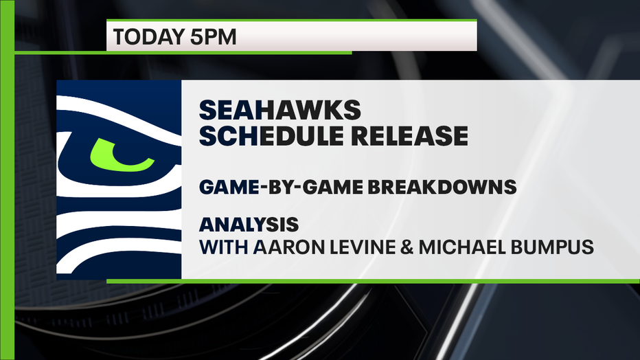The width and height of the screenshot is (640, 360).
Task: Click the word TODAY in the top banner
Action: [x=149, y=36]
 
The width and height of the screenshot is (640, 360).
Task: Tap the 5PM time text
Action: [x=213, y=36]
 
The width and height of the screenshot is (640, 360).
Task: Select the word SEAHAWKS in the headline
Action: [x=280, y=110]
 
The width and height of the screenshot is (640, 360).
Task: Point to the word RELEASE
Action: [x=409, y=135]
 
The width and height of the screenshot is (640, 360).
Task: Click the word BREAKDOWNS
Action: [x=442, y=187]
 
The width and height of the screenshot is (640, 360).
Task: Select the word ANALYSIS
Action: [x=249, y=224]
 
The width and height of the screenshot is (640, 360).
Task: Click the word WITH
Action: [x=224, y=247]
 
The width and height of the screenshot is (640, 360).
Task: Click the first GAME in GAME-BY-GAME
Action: [x=229, y=187]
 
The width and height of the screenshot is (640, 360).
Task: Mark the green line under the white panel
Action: [x=373, y=281]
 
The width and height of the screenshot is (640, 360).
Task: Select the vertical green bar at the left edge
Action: [x=7, y=180]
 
